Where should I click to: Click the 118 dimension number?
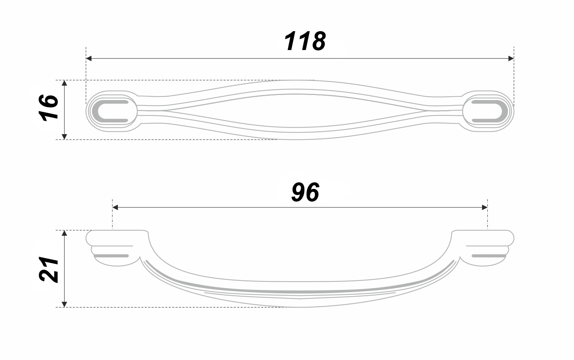pyautogui.click(x=305, y=41)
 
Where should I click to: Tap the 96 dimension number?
pyautogui.click(x=305, y=192)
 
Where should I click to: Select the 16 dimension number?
pyautogui.click(x=49, y=108)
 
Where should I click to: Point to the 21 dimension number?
pyautogui.click(x=49, y=269)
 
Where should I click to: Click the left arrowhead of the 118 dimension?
pyautogui.click(x=89, y=58)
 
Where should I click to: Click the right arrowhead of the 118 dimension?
pyautogui.click(x=511, y=58)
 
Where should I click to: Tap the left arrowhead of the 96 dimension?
pyautogui.click(x=115, y=207)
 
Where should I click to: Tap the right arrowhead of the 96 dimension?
pyautogui.click(x=484, y=207)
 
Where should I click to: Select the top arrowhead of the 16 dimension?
pyautogui.click(x=64, y=83)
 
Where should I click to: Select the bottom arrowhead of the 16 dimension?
pyautogui.click(x=64, y=137)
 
